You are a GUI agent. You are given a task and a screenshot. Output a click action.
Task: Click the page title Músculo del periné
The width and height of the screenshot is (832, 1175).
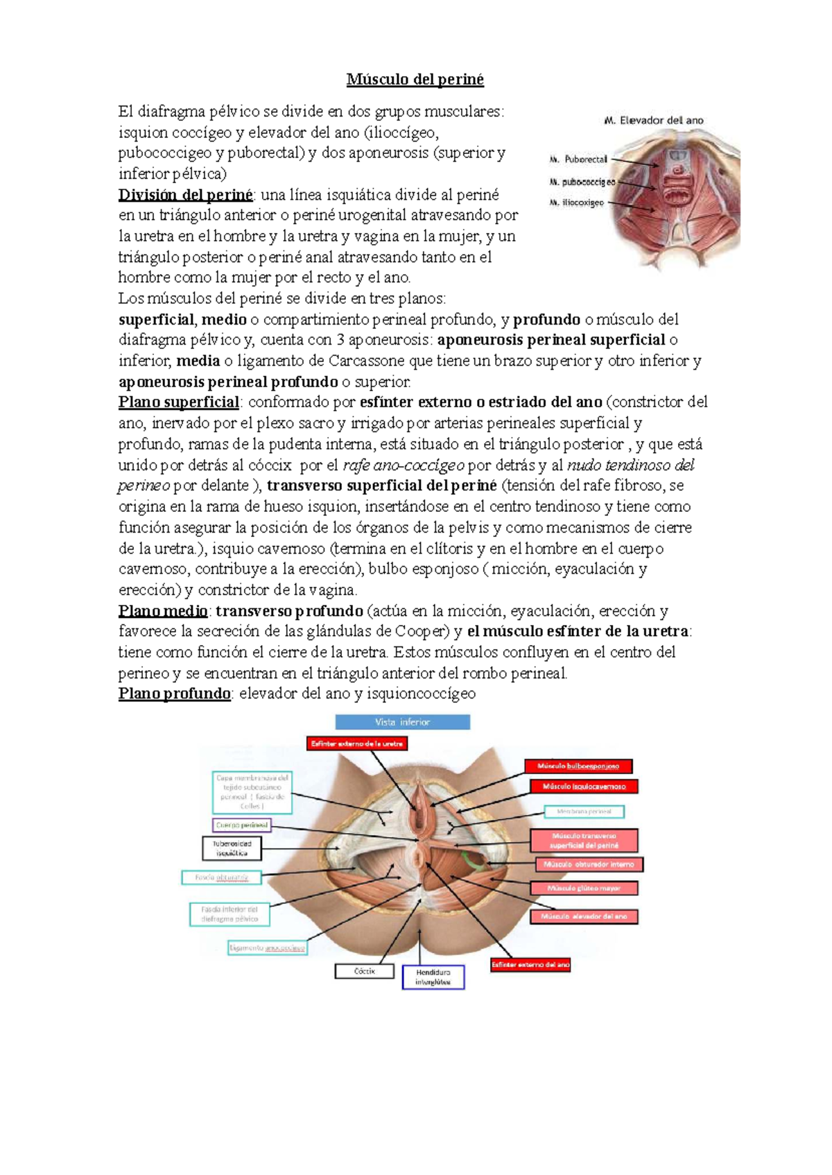point(415,80)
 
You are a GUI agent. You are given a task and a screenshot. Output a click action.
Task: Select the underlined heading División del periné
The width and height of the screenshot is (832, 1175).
point(186,195)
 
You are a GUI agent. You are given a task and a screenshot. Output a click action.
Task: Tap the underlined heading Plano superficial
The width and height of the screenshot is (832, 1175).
point(179,402)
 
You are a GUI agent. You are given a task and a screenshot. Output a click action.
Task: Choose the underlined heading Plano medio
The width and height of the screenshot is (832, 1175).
point(163,611)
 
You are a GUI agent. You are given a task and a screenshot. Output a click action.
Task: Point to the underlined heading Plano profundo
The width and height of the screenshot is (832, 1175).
point(174,694)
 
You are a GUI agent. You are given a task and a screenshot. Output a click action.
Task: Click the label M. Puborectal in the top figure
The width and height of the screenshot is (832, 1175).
point(578,160)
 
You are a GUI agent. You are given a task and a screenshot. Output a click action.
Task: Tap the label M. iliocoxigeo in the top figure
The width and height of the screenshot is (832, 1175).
point(576,203)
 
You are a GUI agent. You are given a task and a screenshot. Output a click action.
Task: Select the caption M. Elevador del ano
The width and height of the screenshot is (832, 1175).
point(654,121)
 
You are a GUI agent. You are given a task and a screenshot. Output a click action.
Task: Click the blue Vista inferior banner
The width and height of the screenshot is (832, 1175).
point(402,722)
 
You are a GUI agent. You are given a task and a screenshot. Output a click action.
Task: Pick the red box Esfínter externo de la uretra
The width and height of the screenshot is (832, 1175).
point(357,744)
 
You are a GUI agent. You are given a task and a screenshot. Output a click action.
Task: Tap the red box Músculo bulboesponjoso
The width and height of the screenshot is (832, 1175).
point(578,766)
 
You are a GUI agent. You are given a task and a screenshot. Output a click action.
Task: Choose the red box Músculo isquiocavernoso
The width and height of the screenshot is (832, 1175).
point(584,787)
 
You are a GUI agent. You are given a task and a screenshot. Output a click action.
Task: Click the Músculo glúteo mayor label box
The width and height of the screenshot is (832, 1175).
point(584,889)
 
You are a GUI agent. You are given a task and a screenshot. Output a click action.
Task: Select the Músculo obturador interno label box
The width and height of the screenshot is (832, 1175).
point(589,865)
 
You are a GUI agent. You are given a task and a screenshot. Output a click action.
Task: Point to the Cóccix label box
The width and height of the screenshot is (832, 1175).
point(365,972)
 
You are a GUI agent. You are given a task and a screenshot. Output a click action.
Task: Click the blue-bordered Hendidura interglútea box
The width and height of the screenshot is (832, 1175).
point(433,977)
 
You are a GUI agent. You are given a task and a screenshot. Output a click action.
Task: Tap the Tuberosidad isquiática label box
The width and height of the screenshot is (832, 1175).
point(232,848)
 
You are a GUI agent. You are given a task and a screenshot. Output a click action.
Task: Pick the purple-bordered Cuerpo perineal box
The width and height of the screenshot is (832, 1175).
point(241,825)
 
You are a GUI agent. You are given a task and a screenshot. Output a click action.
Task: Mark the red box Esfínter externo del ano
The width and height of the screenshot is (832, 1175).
point(530,965)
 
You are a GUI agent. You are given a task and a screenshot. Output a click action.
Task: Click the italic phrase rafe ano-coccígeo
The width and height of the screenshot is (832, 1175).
point(404,465)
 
